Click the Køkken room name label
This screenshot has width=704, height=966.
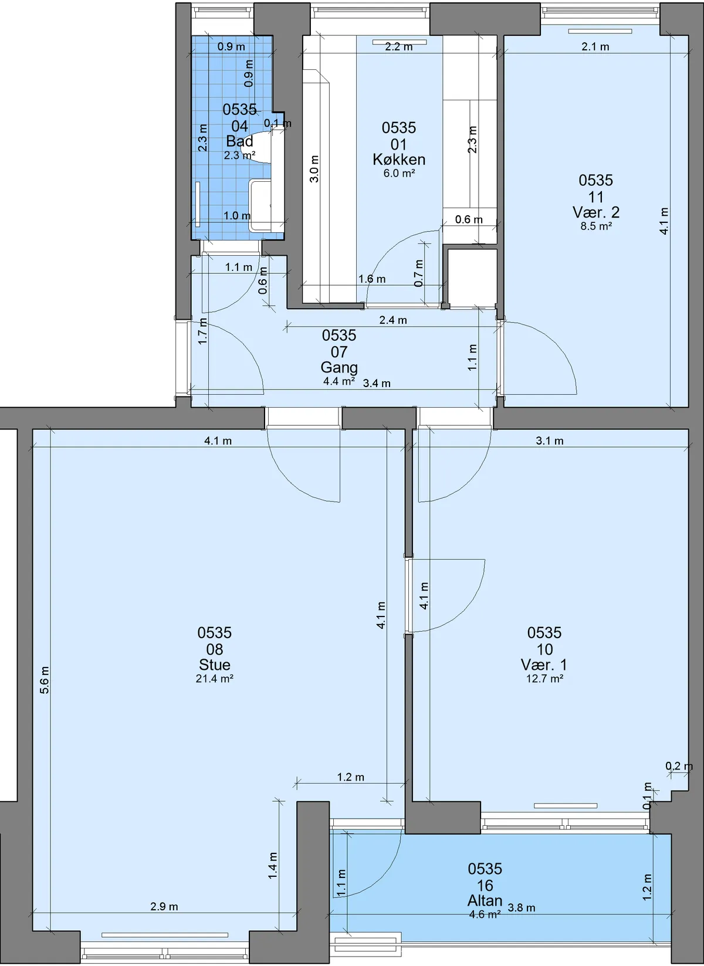(x=399, y=160)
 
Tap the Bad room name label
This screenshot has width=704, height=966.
(x=239, y=141)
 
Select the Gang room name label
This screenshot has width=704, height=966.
(x=339, y=367)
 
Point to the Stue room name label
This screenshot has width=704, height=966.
(x=214, y=665)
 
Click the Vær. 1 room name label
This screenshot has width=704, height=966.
(x=544, y=665)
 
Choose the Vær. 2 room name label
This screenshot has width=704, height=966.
(x=595, y=212)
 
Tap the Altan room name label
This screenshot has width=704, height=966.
(x=485, y=900)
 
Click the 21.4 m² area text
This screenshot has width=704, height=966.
(x=214, y=679)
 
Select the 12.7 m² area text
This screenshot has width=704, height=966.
(x=544, y=679)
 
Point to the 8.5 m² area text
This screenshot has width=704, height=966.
(x=596, y=226)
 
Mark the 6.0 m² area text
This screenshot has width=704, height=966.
(x=399, y=174)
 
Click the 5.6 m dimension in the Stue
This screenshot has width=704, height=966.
(x=45, y=680)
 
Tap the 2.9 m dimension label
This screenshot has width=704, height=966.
(x=164, y=907)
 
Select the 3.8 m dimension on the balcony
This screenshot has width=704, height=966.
(x=522, y=908)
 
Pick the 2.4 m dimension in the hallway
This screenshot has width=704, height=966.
(x=393, y=320)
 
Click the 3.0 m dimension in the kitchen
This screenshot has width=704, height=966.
(x=314, y=169)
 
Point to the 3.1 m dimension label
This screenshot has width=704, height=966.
(x=550, y=440)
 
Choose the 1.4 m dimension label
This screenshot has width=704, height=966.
(x=272, y=866)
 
